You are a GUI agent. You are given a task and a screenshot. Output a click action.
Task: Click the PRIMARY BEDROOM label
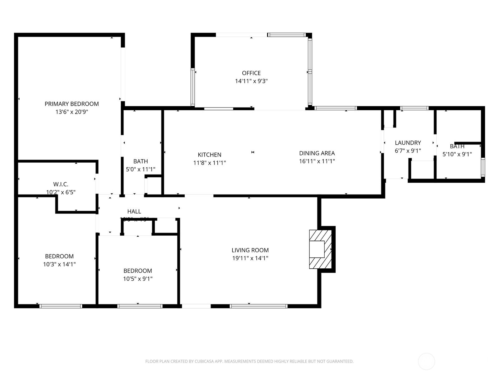coord(71,104)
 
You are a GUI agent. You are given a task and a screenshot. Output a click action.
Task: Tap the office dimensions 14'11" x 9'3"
coord(251,81)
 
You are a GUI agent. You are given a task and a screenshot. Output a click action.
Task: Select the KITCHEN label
coord(210,155)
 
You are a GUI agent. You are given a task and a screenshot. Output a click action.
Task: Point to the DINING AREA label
coord(317,153)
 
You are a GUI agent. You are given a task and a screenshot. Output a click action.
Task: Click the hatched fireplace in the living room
coord(320,249)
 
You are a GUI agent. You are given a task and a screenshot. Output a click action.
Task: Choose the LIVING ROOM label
coord(250,250)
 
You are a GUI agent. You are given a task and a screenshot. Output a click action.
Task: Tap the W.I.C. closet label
coord(61,184)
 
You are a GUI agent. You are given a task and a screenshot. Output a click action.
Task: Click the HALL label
coord(134,211)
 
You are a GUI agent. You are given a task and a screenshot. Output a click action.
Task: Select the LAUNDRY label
coord(408,143)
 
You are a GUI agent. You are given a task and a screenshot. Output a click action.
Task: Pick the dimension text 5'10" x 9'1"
coord(457,154)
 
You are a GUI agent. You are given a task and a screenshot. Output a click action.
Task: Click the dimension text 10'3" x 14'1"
coord(59,264)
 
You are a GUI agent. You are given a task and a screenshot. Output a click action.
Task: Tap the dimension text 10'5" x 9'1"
coord(138,279)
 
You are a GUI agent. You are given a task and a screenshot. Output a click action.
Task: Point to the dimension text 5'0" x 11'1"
coord(140,170)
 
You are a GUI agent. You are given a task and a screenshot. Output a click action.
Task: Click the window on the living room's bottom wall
coord(259,306)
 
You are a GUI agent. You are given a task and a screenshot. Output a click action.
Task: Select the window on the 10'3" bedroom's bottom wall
coord(61,306)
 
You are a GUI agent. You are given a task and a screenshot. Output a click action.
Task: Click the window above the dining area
coord(335,108)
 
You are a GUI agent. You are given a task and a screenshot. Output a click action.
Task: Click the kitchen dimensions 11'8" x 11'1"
coord(210,163)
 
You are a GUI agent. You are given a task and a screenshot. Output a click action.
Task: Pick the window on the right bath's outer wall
coord(483,167)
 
